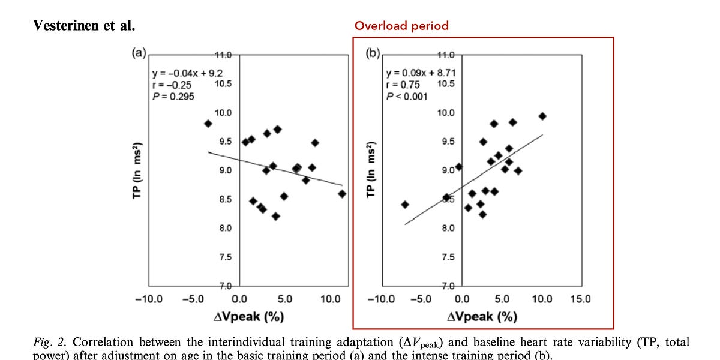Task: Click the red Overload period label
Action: [x=401, y=26]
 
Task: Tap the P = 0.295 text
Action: [x=173, y=97]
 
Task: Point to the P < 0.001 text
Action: [x=407, y=97]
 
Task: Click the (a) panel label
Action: [x=139, y=52]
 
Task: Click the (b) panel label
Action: [x=373, y=52]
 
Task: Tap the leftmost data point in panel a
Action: [x=208, y=124]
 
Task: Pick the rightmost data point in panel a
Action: [x=342, y=194]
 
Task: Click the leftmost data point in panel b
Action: [x=405, y=205]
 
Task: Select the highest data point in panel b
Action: [x=542, y=116]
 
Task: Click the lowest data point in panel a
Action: [x=275, y=216]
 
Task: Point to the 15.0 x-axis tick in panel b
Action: [x=580, y=299]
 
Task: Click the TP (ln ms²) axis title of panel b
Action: [x=371, y=170]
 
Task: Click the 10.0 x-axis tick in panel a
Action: [x=331, y=299]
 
